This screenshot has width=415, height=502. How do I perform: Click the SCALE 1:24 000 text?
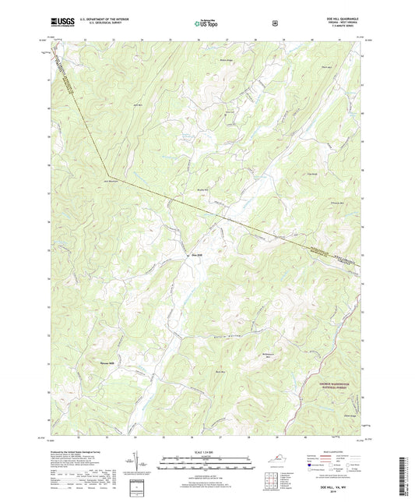point(206,452)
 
